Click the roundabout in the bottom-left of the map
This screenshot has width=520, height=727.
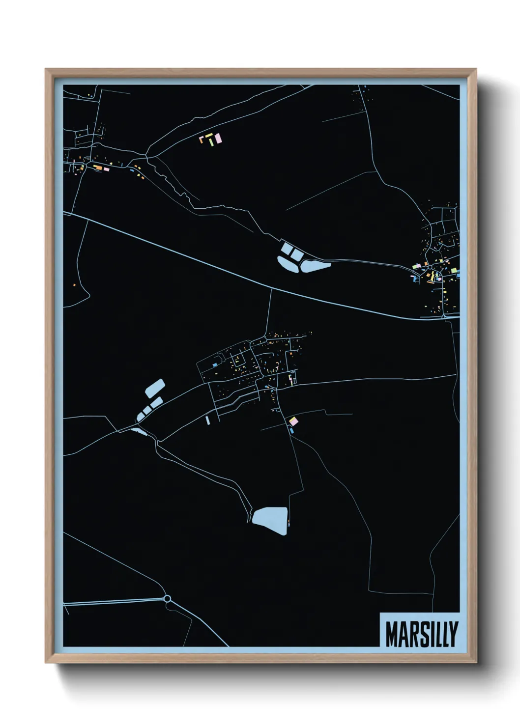167,599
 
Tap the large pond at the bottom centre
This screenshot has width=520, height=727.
270,520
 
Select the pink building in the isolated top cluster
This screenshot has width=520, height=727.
218,139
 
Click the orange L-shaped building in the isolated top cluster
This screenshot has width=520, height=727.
202,138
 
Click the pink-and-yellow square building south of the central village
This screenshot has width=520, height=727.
293,421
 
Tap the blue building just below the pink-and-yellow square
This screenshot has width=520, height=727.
291,431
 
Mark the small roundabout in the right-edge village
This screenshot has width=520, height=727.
430,267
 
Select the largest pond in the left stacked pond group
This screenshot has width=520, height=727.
155,388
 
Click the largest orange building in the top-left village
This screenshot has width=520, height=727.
98,168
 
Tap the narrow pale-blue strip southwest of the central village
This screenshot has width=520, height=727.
207,420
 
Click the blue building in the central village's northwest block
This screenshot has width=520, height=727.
215,365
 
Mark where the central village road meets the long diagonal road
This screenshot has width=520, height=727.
271,289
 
